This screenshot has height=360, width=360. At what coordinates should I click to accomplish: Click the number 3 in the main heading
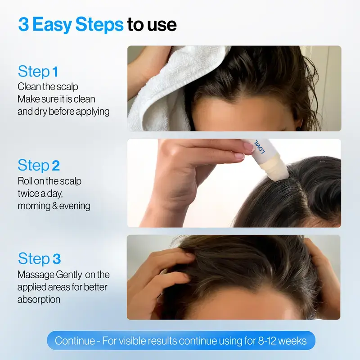pos(24,25)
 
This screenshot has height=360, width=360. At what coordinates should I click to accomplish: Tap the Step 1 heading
pos(38,72)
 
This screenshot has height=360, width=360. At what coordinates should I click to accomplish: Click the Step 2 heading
pos(39,165)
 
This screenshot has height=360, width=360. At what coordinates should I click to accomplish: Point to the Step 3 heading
pos(39,259)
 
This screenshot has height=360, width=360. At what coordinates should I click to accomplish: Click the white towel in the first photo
pos(153,99)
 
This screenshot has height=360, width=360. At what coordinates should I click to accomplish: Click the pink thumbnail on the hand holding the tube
pos(247,147)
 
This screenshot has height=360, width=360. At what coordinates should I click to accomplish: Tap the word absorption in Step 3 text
pos(39,299)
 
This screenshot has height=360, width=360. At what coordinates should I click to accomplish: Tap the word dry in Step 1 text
pos(40,112)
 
